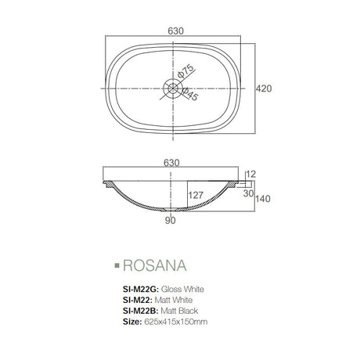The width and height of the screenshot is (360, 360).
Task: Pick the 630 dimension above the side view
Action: [x=173, y=163]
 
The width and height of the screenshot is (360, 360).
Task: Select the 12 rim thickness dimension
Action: [x=250, y=175]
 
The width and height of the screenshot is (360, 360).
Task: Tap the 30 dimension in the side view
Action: [x=249, y=193]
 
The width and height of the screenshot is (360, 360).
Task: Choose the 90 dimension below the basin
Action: [x=171, y=220]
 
